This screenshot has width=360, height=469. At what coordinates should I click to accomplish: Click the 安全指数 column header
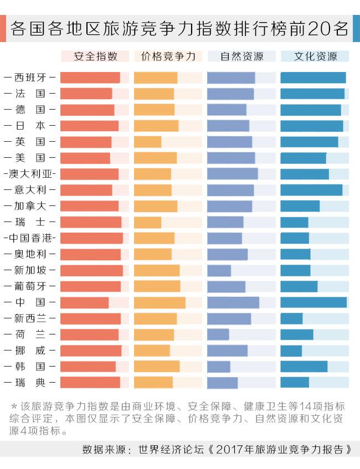pos(95,56)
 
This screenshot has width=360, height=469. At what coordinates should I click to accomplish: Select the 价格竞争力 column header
pos(168,56)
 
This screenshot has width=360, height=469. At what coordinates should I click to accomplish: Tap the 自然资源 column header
pos(241,56)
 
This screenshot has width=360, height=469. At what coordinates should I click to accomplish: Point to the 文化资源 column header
pos(315,56)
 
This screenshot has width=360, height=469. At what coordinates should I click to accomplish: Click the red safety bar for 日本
pos(89,126)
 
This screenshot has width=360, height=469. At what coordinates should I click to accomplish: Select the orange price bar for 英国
pos(147,142)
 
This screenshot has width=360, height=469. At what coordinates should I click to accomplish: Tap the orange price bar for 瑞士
pos(147,223)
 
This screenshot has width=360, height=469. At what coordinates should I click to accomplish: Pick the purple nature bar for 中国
pos(233,303)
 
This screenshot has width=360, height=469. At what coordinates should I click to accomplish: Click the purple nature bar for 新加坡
pos(219,271)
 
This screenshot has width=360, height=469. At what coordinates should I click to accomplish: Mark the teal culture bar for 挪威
pos(291,351)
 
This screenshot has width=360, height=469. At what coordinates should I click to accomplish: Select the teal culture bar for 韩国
pos(304,367)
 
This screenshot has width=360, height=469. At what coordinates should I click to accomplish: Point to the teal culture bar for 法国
pos(312,94)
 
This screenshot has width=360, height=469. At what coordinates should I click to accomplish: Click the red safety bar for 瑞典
pos(90,383)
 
